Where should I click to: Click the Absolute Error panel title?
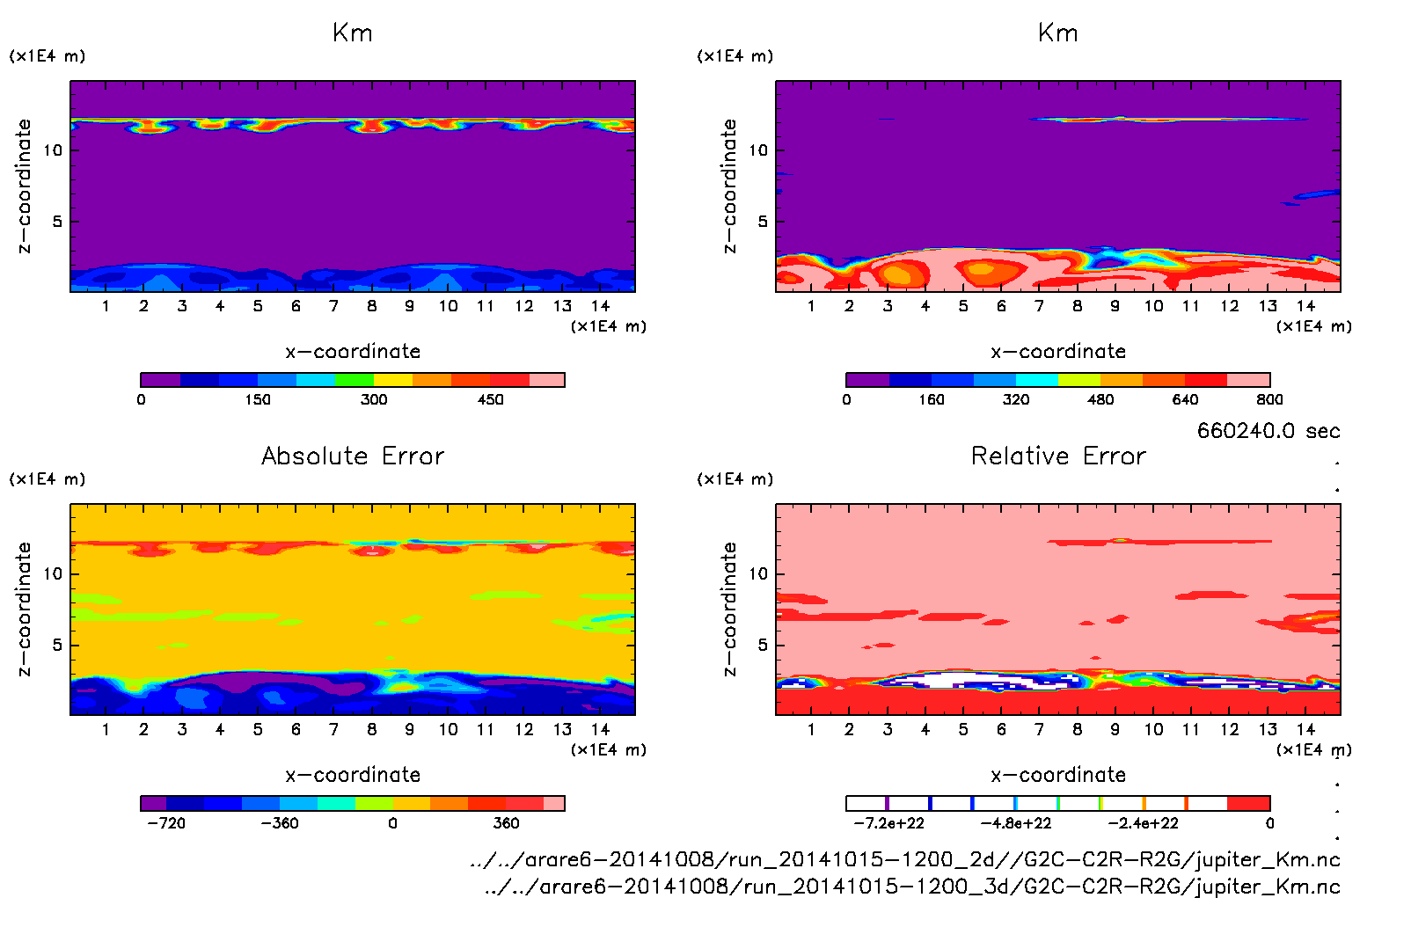(353, 456)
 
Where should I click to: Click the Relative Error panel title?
(1058, 456)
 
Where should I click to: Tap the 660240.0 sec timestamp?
(1268, 431)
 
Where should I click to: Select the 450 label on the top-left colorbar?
(490, 400)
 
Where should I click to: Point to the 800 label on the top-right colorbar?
(1269, 400)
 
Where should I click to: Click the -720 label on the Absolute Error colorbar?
(166, 823)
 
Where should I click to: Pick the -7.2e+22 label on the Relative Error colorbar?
(888, 823)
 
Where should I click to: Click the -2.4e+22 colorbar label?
(1143, 823)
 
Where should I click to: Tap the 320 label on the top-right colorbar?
(1016, 400)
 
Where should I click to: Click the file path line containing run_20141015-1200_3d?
(911, 887)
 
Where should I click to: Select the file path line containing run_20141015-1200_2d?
(904, 859)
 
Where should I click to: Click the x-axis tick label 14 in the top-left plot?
(600, 306)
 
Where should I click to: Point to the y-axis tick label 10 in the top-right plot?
(758, 150)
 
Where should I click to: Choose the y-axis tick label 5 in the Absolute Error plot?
(57, 645)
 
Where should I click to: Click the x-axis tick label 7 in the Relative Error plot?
(1039, 729)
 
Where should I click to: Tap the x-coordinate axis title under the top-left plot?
(353, 352)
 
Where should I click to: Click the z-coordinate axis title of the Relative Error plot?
(729, 609)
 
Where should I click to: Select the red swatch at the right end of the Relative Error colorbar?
(1248, 803)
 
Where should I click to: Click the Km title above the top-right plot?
(1057, 33)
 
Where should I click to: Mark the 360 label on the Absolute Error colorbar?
(506, 823)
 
